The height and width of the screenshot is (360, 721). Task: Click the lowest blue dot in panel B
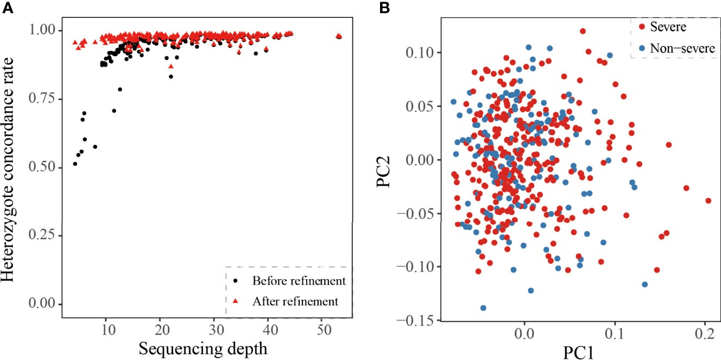483,308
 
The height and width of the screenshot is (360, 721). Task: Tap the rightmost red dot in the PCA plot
708,200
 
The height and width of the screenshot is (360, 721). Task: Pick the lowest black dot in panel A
75,163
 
